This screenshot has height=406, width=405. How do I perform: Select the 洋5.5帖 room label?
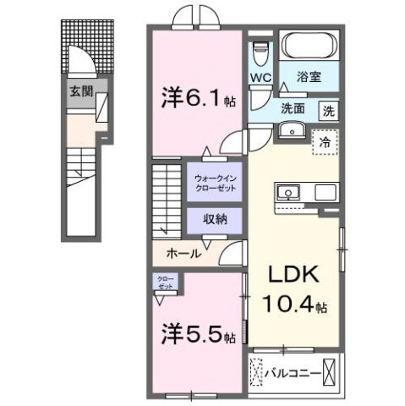196,336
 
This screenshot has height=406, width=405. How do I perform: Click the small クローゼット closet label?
163,283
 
